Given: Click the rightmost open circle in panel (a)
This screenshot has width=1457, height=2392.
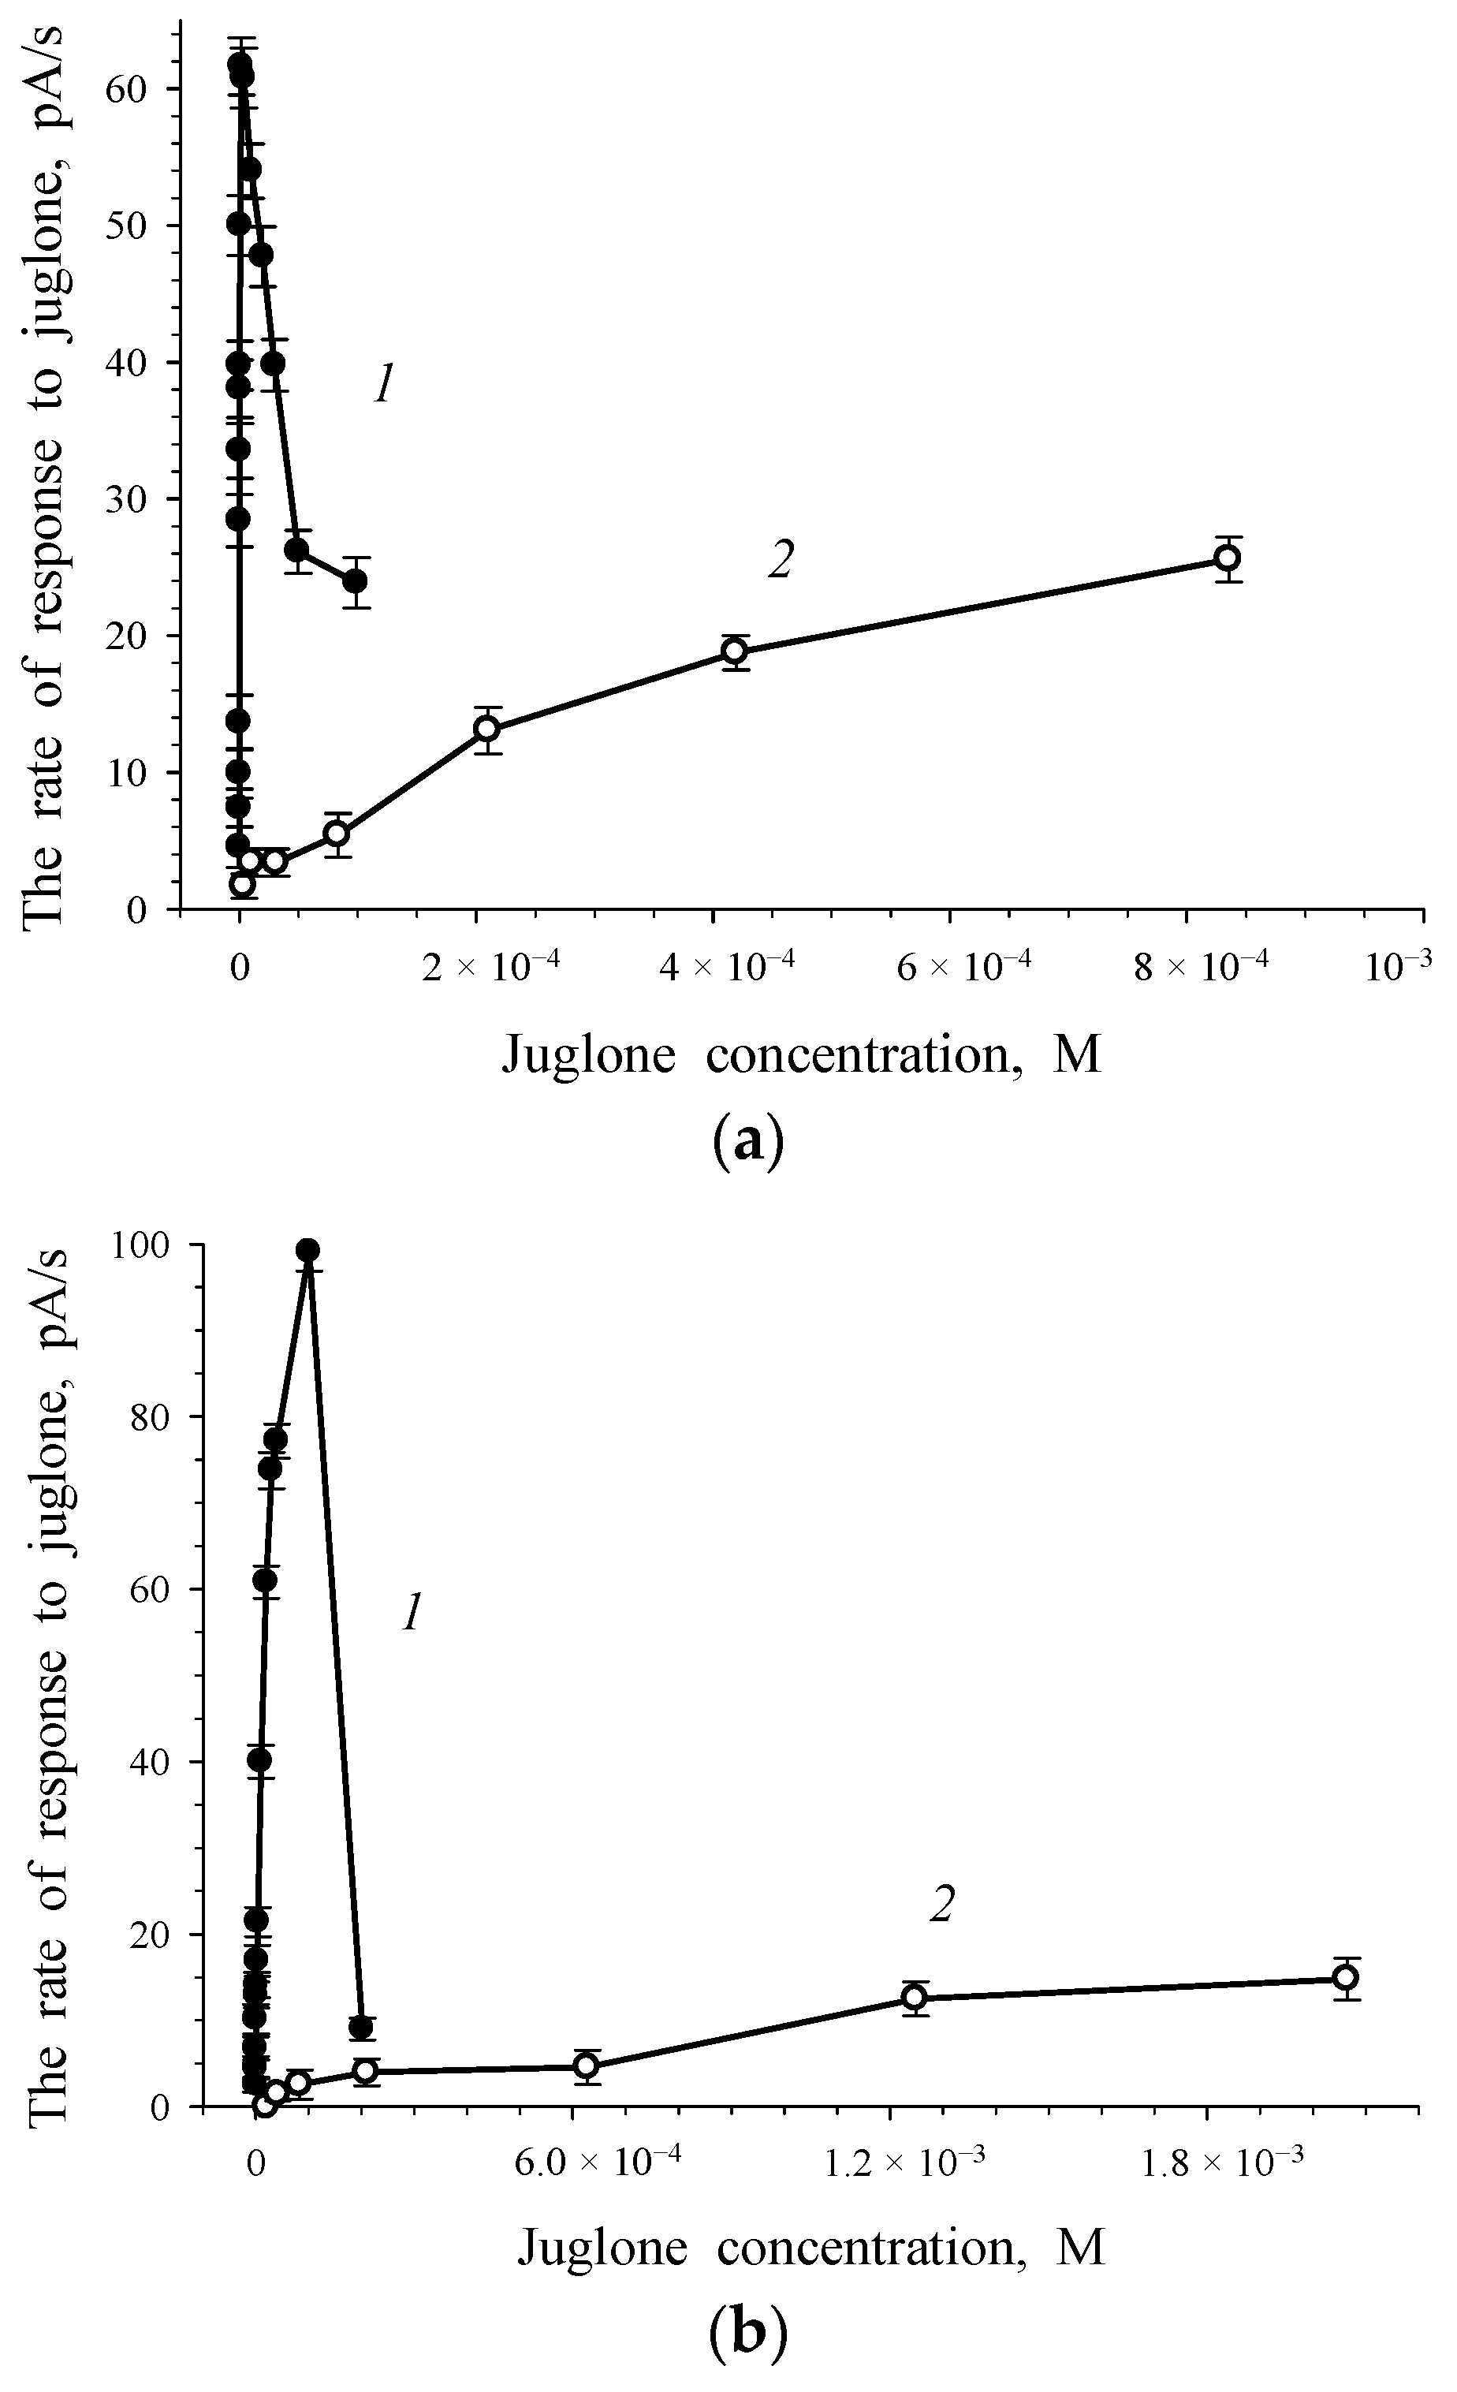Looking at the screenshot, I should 1228,558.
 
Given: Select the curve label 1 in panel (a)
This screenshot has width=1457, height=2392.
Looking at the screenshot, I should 383,386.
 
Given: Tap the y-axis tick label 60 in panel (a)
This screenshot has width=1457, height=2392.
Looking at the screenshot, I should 136,89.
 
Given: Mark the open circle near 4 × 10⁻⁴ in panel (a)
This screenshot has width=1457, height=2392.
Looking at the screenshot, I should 735,651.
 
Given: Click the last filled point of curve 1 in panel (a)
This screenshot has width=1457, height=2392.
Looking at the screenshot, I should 356,580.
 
